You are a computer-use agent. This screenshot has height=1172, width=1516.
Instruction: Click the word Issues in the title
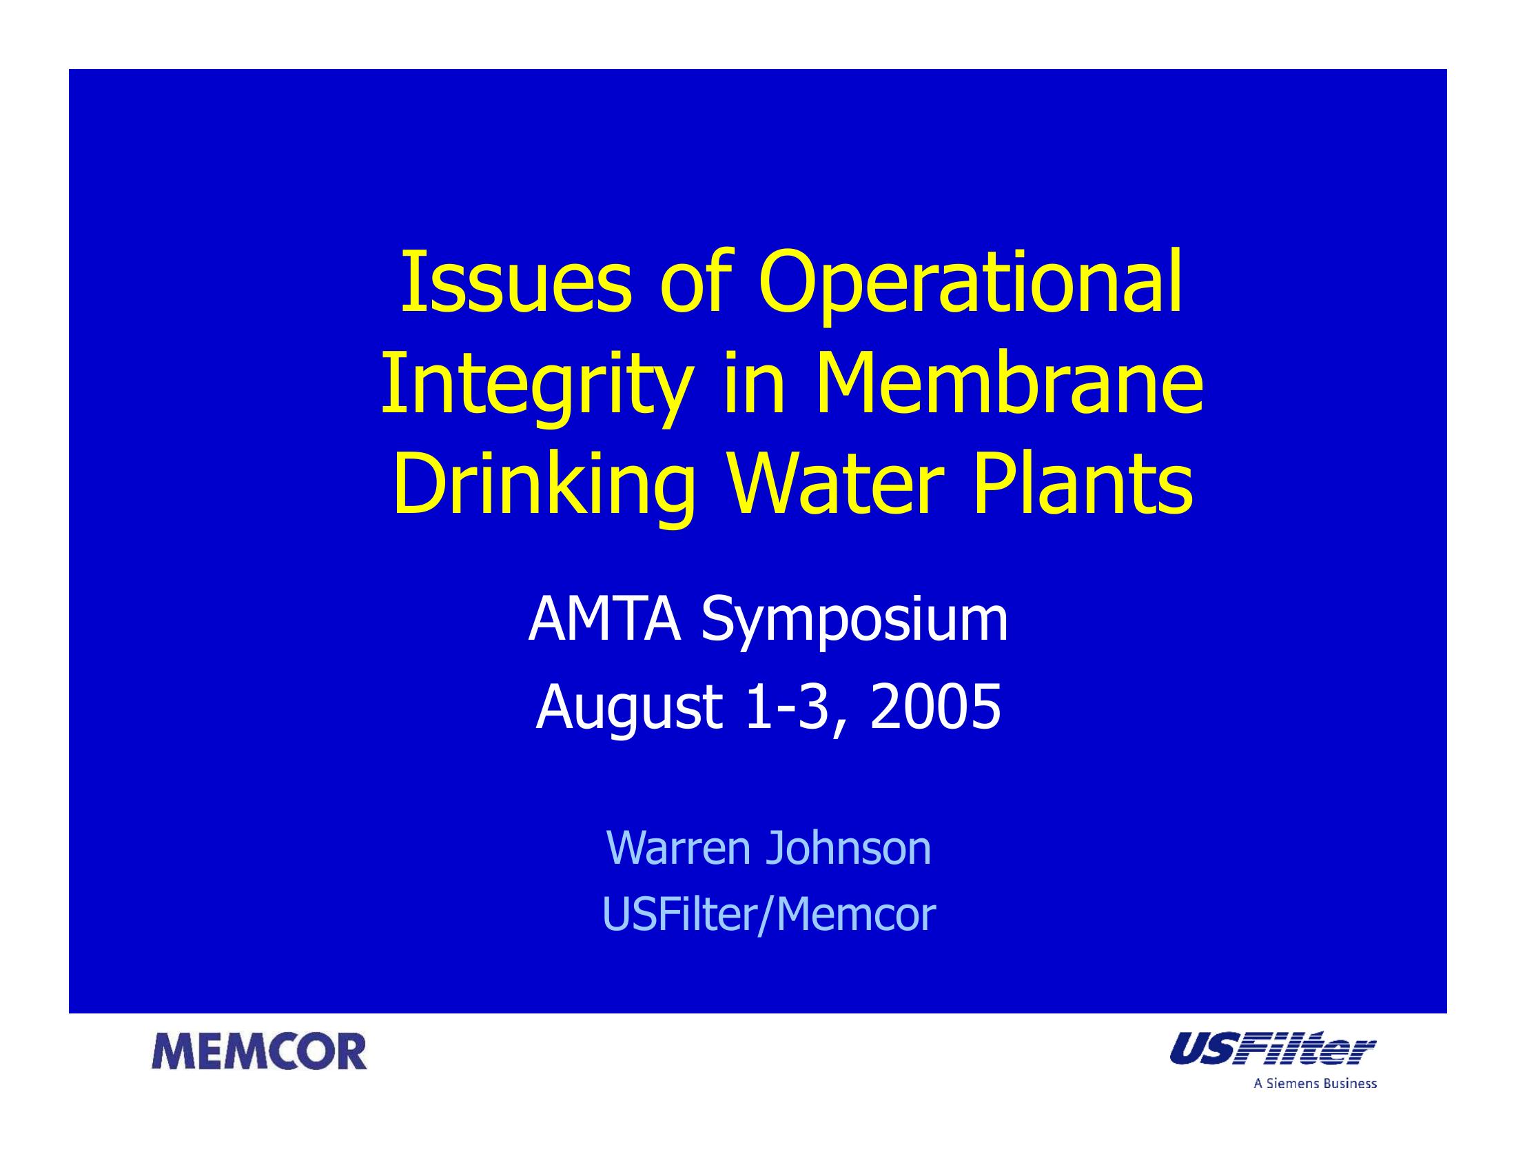516,283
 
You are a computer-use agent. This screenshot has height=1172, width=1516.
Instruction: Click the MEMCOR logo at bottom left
260,1051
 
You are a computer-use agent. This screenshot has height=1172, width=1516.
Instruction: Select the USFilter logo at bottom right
1272,1048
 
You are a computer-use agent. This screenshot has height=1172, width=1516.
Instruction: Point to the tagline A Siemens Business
1315,1083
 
